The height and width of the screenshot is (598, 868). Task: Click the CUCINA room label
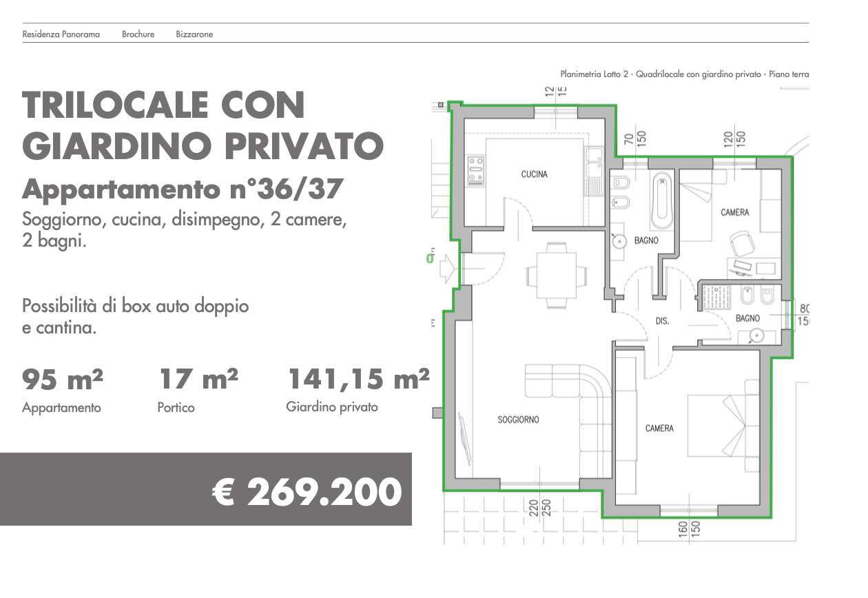point(534,174)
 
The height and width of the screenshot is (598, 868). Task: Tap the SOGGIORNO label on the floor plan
point(518,420)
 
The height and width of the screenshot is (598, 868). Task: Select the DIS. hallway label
point(662,321)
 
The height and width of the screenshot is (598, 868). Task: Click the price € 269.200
point(307,492)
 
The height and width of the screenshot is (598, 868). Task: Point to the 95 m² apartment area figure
point(63,379)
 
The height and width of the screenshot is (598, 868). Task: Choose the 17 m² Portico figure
point(198,379)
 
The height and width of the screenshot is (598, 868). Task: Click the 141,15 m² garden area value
point(358,379)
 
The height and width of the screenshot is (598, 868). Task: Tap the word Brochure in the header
point(138,34)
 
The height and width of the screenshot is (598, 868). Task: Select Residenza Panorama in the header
point(61,34)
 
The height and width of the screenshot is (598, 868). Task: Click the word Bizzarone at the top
point(194,34)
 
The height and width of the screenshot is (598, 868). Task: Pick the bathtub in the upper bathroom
point(661,201)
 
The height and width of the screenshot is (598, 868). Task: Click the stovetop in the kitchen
point(476,171)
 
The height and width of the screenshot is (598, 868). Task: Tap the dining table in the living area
point(557,275)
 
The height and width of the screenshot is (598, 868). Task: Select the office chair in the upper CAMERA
point(742,243)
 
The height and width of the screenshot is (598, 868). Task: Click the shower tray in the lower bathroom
point(716,297)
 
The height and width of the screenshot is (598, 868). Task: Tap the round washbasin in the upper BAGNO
point(620,241)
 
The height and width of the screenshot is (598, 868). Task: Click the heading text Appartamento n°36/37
point(182,189)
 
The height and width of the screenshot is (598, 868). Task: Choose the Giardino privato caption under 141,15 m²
point(332,407)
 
